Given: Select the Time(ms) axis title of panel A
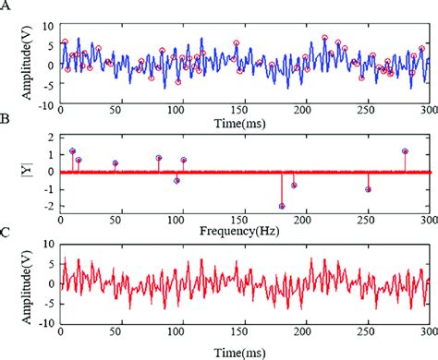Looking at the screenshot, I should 243,122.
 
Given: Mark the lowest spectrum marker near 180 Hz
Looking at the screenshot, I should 282,206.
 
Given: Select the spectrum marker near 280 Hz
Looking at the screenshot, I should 405,150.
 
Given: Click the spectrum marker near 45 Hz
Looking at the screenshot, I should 116,163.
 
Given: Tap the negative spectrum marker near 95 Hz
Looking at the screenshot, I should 176,181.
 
